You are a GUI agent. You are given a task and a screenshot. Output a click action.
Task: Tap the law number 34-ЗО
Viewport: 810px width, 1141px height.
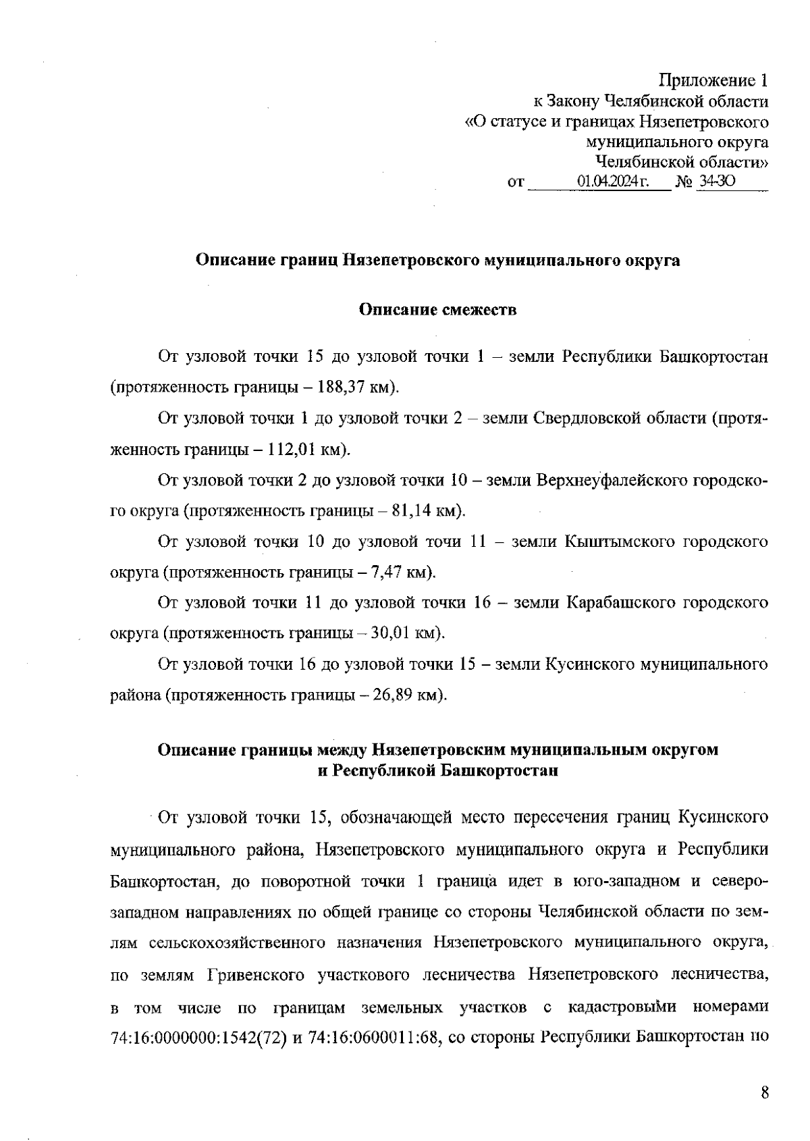point(717,182)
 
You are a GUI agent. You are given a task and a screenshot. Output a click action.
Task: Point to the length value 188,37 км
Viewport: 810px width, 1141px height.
point(353,388)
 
